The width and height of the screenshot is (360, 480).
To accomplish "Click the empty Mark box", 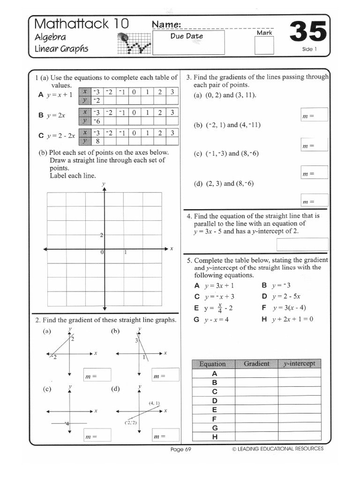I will pyautogui.click(x=263, y=46).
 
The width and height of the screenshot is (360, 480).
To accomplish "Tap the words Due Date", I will pyautogui.click(x=187, y=36).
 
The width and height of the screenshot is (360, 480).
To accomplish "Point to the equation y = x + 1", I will pyautogui.click(x=60, y=94).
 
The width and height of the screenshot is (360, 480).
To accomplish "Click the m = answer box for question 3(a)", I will pyautogui.click(x=314, y=115).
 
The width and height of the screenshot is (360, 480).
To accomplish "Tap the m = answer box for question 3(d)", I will pyautogui.click(x=314, y=201).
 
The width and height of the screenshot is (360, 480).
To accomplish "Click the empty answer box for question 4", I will pyautogui.click(x=302, y=245).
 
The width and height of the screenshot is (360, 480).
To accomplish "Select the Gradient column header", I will pyautogui.click(x=256, y=364).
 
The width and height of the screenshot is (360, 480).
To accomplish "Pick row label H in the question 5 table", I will pyautogui.click(x=215, y=437).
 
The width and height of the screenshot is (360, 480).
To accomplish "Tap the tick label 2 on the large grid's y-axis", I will pyautogui.click(x=101, y=235).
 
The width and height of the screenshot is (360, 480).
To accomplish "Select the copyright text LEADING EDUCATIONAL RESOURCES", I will pyautogui.click(x=277, y=449).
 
